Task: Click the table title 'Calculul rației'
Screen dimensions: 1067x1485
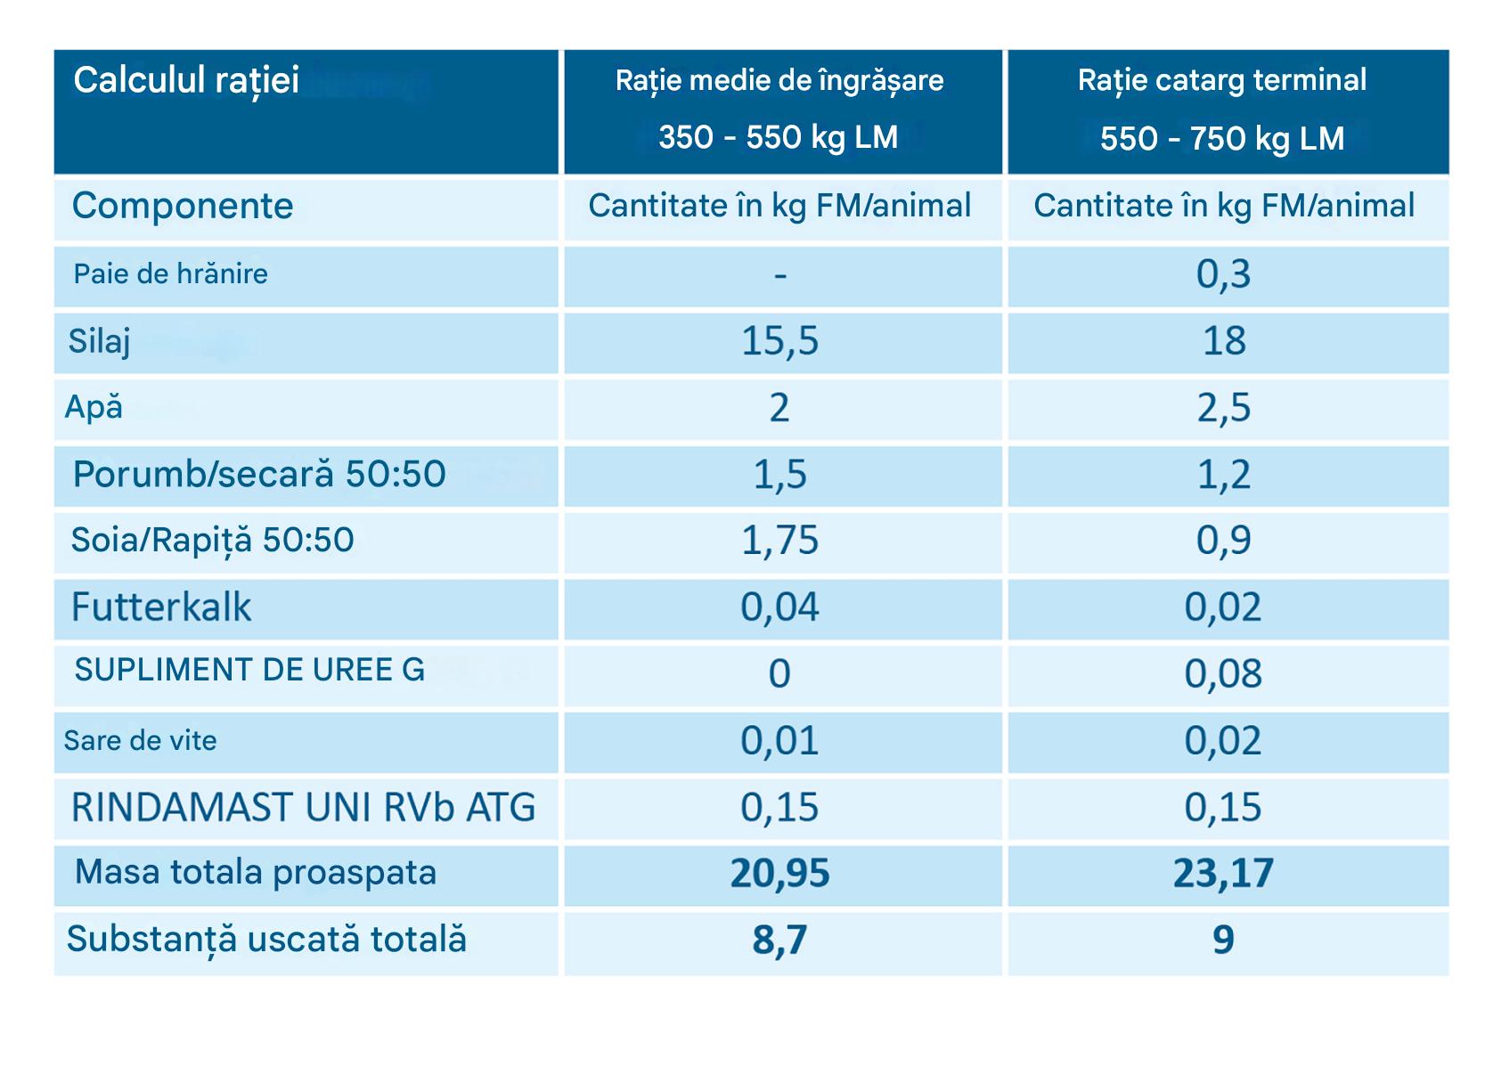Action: click(186, 81)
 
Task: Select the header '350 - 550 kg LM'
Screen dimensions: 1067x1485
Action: click(778, 137)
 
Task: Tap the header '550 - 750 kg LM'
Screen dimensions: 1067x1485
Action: click(1222, 139)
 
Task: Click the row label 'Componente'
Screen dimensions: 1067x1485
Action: click(183, 206)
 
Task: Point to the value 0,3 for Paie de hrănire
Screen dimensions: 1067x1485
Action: click(1224, 274)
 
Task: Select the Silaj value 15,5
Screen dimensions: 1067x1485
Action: click(779, 341)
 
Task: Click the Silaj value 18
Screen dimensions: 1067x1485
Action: click(1224, 341)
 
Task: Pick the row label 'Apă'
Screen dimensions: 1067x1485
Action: click(94, 407)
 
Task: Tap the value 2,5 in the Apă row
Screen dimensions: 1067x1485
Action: click(1224, 408)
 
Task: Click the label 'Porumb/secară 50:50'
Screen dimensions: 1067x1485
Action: click(259, 474)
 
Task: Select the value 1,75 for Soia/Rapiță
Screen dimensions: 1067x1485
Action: click(779, 541)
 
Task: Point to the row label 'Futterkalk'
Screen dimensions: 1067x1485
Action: click(161, 607)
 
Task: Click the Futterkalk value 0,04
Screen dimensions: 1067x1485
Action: click(779, 607)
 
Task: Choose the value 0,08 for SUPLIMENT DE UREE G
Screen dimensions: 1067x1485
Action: click(1223, 674)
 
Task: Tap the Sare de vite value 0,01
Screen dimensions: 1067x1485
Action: click(779, 741)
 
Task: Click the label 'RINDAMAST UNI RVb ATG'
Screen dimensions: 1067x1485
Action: click(303, 808)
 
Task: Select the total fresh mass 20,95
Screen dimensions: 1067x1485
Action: click(779, 874)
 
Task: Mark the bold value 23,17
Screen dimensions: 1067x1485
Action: click(1223, 874)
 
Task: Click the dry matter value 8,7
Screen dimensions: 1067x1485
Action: click(779, 941)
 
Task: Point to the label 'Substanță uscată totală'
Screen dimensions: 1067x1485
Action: click(266, 940)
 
